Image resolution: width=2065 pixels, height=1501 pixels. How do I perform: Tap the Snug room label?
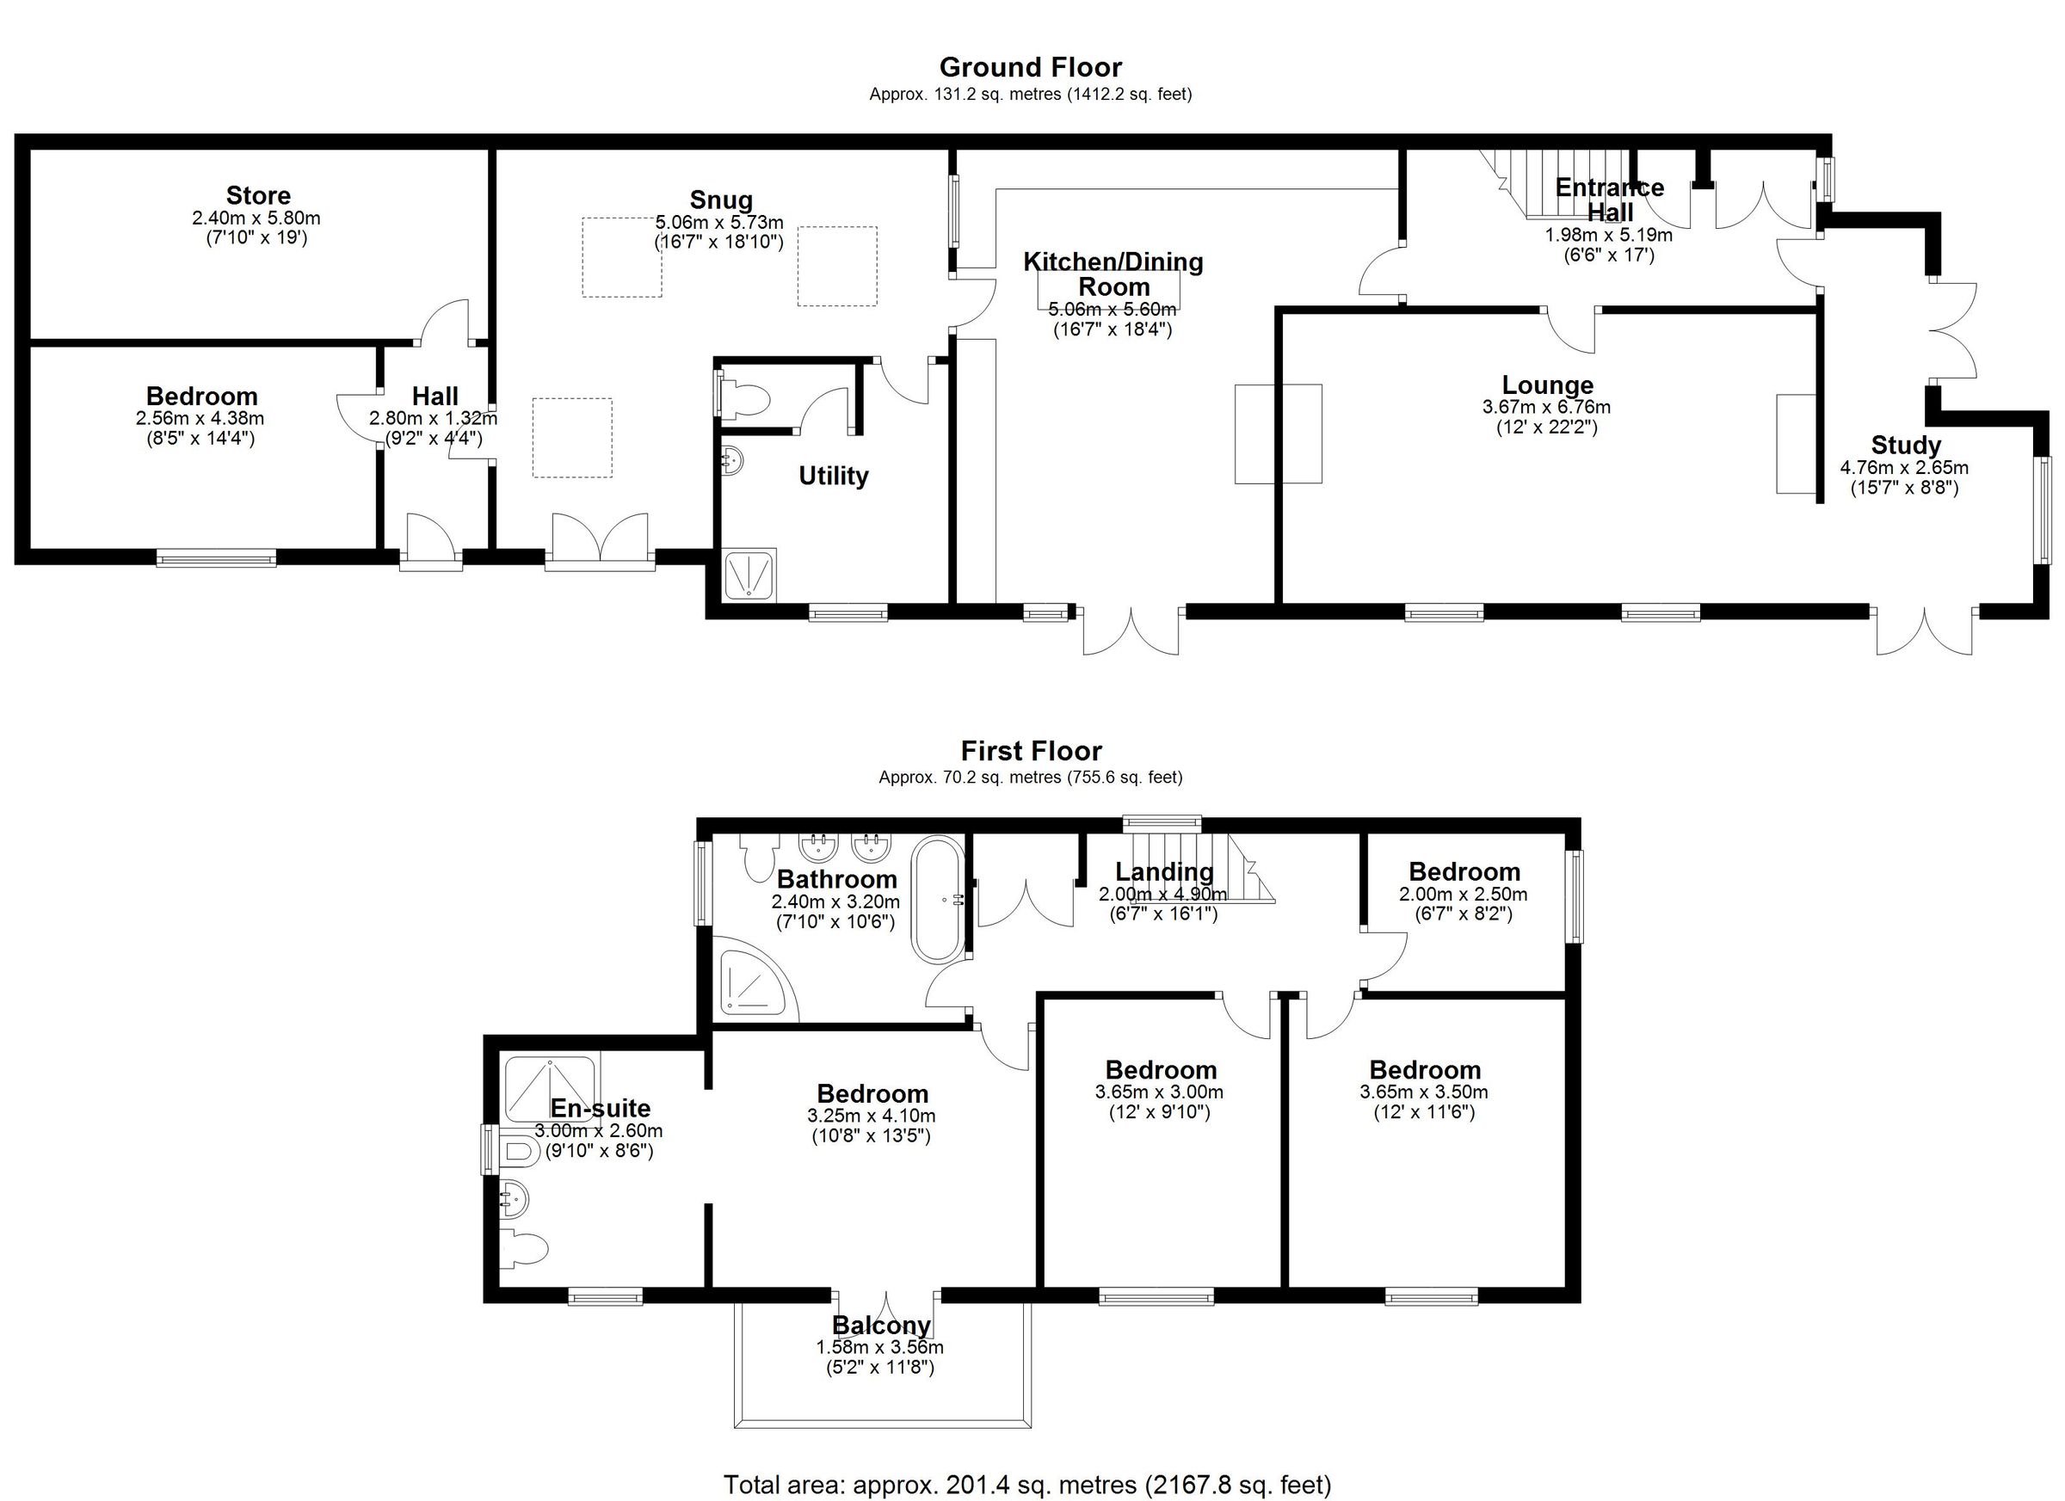pyautogui.click(x=720, y=200)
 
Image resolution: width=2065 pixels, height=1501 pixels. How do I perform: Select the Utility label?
pyautogui.click(x=832, y=476)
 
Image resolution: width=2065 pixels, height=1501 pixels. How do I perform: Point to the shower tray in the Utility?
pyautogui.click(x=750, y=575)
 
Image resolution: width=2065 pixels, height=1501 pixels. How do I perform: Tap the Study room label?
pyautogui.click(x=1905, y=445)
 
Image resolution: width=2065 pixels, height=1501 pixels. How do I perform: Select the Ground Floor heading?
pyautogui.click(x=1030, y=67)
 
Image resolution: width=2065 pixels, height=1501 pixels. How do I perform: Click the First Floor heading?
pyautogui.click(x=1031, y=751)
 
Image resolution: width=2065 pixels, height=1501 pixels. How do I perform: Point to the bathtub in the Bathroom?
pyautogui.click(x=937, y=901)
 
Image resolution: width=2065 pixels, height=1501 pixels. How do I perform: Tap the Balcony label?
pyautogui.click(x=880, y=1326)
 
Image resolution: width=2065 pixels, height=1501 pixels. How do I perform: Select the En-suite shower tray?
pyautogui.click(x=549, y=1087)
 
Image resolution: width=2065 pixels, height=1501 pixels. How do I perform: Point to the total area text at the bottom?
pyautogui.click(x=1026, y=1485)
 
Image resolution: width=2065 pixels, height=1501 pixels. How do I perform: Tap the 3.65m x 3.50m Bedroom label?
pyautogui.click(x=1424, y=1069)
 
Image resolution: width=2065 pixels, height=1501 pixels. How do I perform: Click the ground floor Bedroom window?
pyautogui.click(x=216, y=557)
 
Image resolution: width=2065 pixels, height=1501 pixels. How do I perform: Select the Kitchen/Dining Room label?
pyautogui.click(x=1113, y=274)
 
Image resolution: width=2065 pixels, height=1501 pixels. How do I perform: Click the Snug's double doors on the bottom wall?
pyautogui.click(x=600, y=544)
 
